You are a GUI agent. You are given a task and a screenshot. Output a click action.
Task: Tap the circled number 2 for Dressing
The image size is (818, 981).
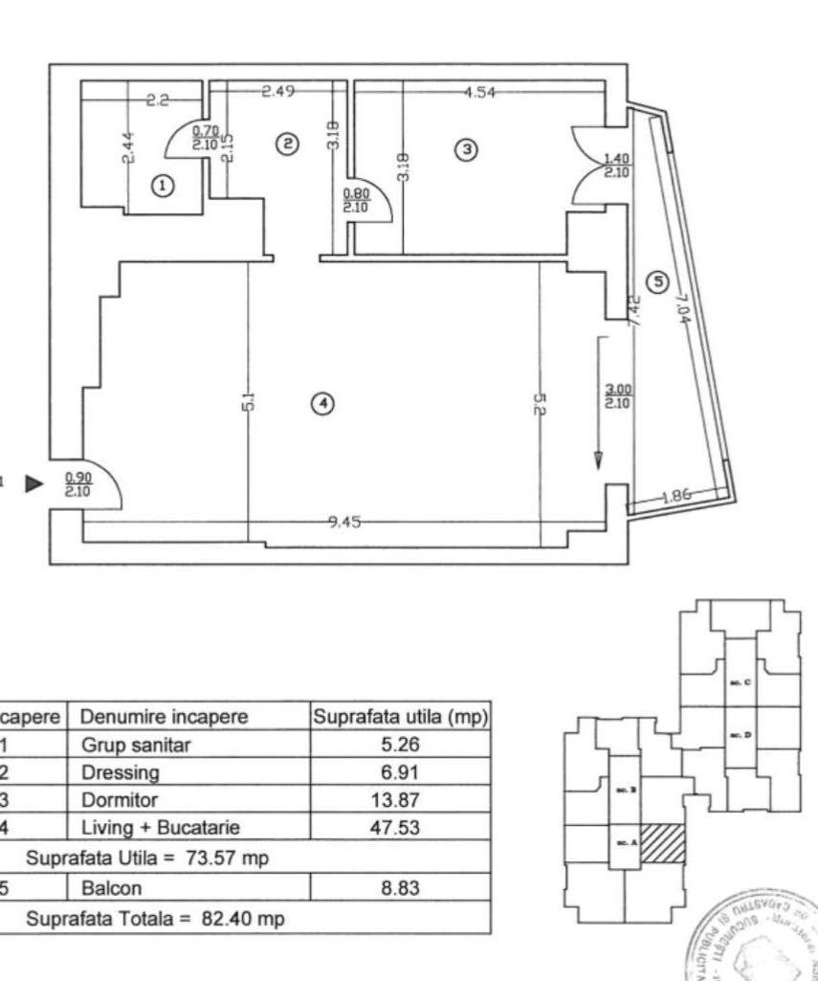(x=286, y=144)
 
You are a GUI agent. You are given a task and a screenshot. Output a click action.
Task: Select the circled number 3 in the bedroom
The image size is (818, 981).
(x=466, y=149)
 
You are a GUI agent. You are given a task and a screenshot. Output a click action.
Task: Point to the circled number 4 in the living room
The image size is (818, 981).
(x=323, y=405)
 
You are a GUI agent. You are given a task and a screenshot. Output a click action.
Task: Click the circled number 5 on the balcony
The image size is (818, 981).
(x=655, y=281)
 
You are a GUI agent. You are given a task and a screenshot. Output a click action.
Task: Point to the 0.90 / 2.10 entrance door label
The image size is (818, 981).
(x=78, y=484)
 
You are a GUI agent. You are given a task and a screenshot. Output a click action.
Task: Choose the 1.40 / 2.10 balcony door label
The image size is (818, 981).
(x=617, y=166)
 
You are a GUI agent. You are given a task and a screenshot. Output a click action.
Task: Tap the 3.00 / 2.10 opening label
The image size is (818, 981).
(x=617, y=395)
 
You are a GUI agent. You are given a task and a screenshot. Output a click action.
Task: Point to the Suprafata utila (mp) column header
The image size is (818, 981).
(x=401, y=716)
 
